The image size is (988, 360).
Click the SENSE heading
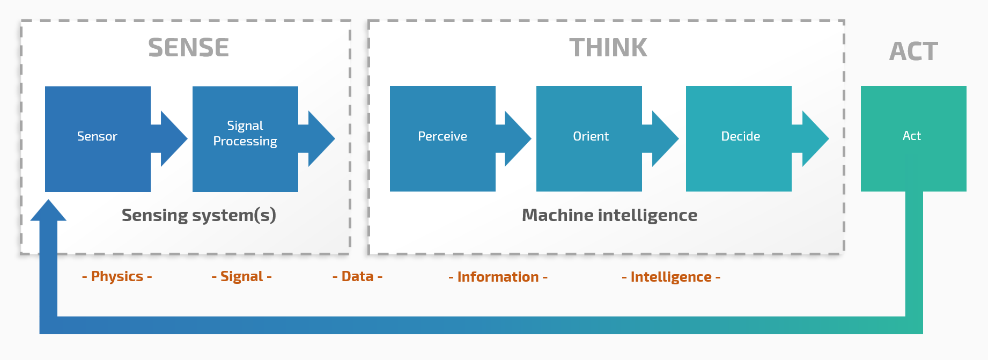click(x=188, y=48)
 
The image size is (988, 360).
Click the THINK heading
click(x=608, y=48)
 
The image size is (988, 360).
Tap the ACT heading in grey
click(x=913, y=52)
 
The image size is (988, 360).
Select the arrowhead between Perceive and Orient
click(x=517, y=138)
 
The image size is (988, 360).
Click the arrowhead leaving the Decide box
click(x=814, y=138)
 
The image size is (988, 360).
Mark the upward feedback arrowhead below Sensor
click(x=48, y=211)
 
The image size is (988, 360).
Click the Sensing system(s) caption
click(x=198, y=215)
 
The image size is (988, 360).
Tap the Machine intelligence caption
click(x=609, y=215)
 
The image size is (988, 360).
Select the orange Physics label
click(x=117, y=276)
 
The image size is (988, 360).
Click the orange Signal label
click(x=241, y=276)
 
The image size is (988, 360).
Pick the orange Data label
click(x=357, y=276)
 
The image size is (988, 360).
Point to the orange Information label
click(x=498, y=277)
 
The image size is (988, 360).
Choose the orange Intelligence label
click(x=670, y=277)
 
